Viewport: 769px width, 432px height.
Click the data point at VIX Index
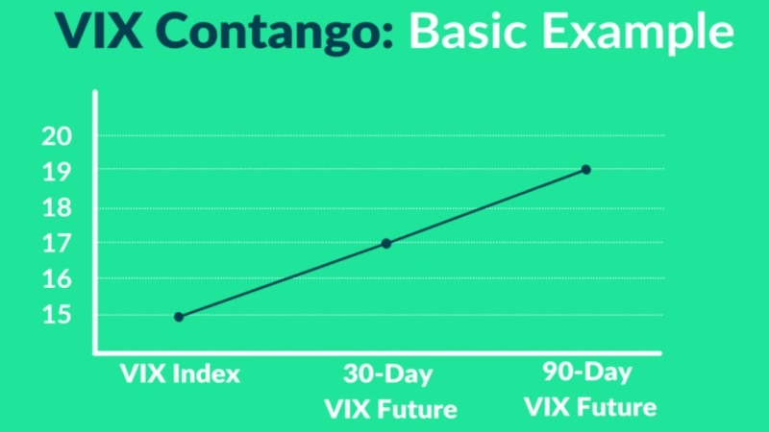[179, 317]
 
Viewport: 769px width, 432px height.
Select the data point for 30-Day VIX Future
[386, 244]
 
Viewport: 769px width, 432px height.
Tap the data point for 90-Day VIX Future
[586, 170]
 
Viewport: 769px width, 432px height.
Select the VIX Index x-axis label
[179, 373]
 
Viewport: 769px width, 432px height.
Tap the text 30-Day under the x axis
[388, 373]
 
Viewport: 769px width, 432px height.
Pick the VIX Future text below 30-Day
[389, 410]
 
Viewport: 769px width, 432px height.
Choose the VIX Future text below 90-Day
[590, 407]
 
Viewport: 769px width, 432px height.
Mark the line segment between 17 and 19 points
[486, 206]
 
